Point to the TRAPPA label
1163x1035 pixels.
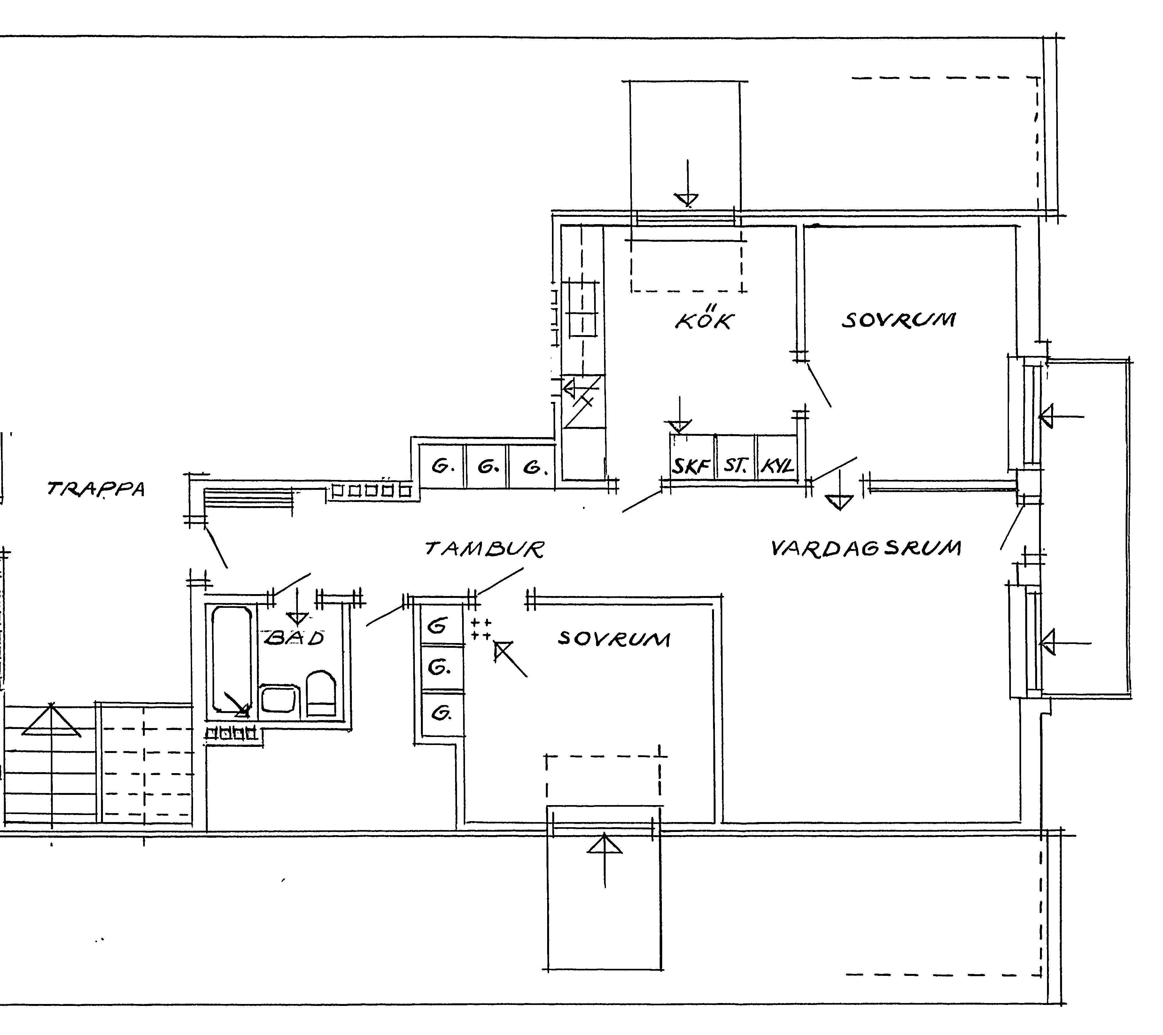click(x=96, y=489)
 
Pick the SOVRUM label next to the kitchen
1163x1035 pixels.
click(x=898, y=319)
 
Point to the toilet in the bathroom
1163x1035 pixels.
click(x=322, y=694)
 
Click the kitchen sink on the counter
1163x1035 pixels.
click(x=582, y=310)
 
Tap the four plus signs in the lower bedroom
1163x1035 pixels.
click(x=481, y=629)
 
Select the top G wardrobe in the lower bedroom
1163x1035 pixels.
click(x=442, y=625)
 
